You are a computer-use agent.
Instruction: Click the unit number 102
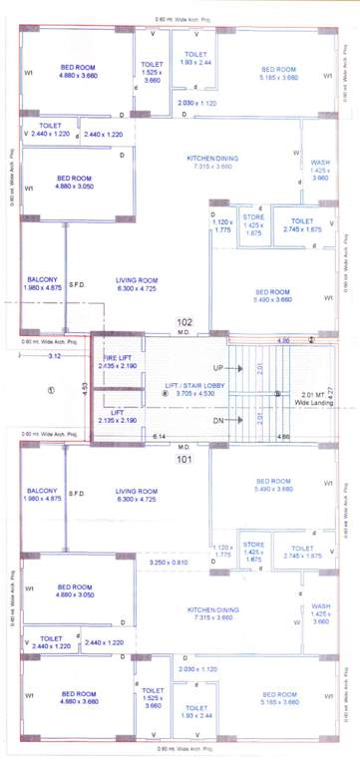click(x=183, y=322)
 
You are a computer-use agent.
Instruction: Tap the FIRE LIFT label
click(x=117, y=356)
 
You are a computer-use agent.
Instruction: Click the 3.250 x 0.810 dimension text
click(x=168, y=563)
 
